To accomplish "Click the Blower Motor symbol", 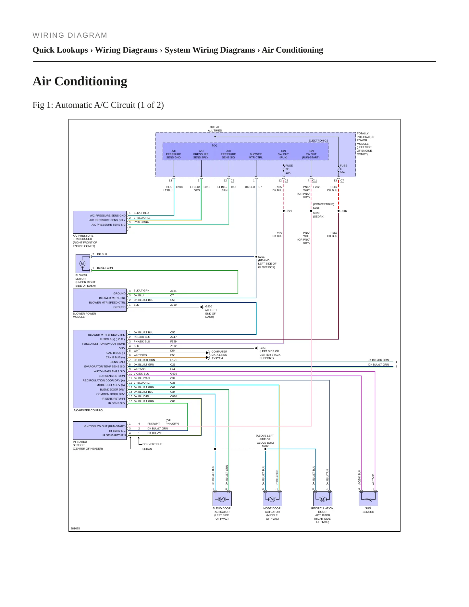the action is (x=83, y=264).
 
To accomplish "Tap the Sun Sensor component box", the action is (x=368, y=499).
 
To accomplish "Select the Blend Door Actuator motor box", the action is (x=222, y=499).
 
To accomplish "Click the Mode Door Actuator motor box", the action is (x=272, y=499).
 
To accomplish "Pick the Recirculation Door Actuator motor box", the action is (x=323, y=499).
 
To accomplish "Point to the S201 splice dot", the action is (x=256, y=257).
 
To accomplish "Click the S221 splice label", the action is (x=289, y=211).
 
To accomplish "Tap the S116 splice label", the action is (x=343, y=211).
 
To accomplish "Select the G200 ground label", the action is (x=209, y=306).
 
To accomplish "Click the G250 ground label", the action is (x=263, y=348).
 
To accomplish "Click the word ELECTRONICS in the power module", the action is (x=318, y=141).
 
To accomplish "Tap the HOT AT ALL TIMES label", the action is (x=215, y=129).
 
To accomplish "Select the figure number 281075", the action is (x=75, y=528).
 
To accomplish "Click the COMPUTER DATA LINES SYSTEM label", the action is (x=219, y=355).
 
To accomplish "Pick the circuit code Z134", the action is (x=173, y=291).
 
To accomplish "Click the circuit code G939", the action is (x=174, y=374).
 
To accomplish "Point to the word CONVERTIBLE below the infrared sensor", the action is (x=152, y=444).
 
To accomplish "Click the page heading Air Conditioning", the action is (x=80, y=81).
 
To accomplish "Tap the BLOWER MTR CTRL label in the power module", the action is (x=256, y=156).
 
